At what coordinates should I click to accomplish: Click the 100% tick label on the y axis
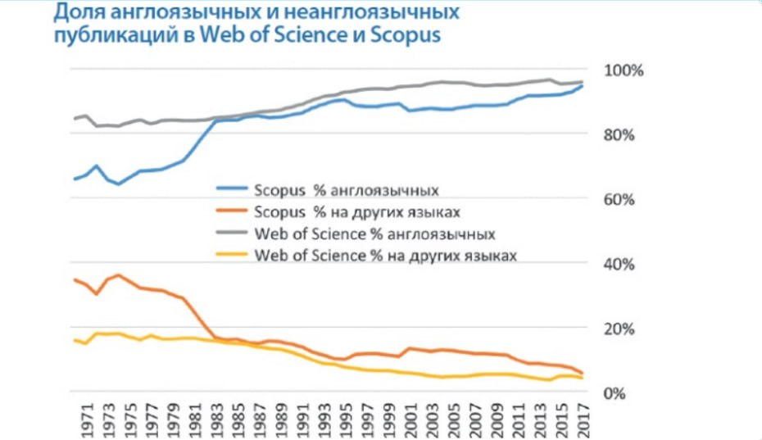click(624, 70)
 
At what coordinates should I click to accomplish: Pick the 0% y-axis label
click(617, 393)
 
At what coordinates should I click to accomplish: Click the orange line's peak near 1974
click(119, 275)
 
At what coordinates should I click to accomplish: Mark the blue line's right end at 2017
click(582, 85)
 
